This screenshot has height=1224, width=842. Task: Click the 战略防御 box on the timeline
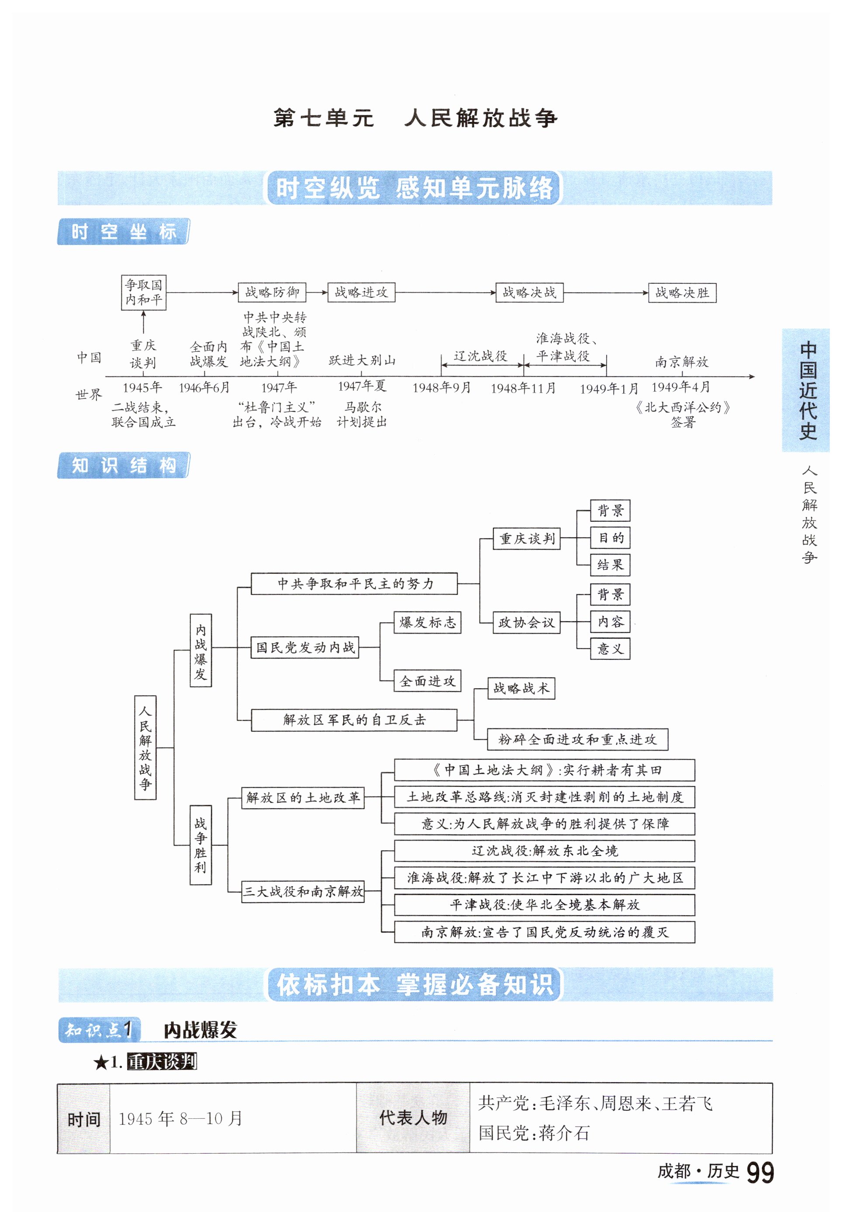point(272,292)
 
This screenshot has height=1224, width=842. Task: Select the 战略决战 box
point(529,292)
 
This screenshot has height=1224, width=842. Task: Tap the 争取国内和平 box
point(144,292)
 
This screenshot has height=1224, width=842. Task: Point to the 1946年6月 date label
point(204,388)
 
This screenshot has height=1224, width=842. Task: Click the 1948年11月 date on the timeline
point(523,388)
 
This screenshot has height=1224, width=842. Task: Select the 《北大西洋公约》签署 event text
point(683,414)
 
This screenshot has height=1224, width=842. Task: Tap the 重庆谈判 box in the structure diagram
point(527,538)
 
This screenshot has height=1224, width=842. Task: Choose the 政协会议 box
point(526,622)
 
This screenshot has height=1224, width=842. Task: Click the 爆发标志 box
point(427,622)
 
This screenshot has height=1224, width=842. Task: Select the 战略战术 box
point(521,688)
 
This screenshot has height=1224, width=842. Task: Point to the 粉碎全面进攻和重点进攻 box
point(577,739)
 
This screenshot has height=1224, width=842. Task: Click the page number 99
point(760,1173)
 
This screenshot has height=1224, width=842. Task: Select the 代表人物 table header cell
point(413,1118)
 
